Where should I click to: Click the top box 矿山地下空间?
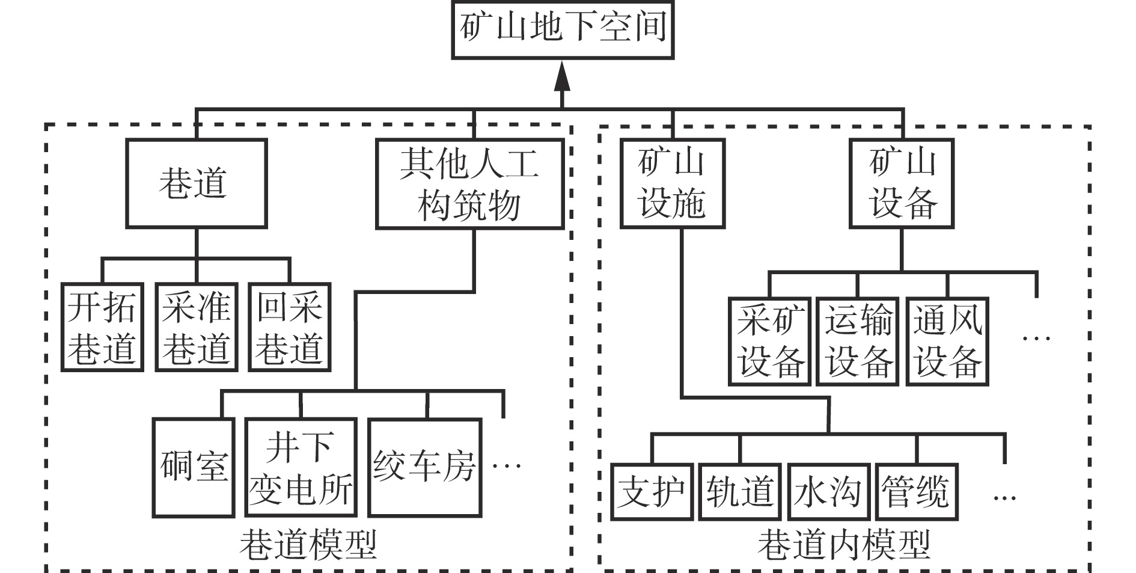562,29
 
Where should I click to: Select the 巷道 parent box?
196,183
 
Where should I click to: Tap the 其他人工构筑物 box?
469,184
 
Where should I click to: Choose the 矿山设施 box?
672,183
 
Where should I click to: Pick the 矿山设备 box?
902,183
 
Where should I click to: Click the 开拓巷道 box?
102,327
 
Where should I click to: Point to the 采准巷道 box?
196,327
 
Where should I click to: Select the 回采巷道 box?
290,327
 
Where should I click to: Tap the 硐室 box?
193,467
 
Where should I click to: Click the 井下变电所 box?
301,467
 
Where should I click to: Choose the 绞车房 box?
425,467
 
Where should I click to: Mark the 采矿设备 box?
770,341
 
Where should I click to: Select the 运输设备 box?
858,341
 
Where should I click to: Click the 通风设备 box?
947,341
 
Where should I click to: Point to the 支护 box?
652,492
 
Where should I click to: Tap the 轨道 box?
740,492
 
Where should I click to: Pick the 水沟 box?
828,492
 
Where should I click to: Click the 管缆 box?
917,492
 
